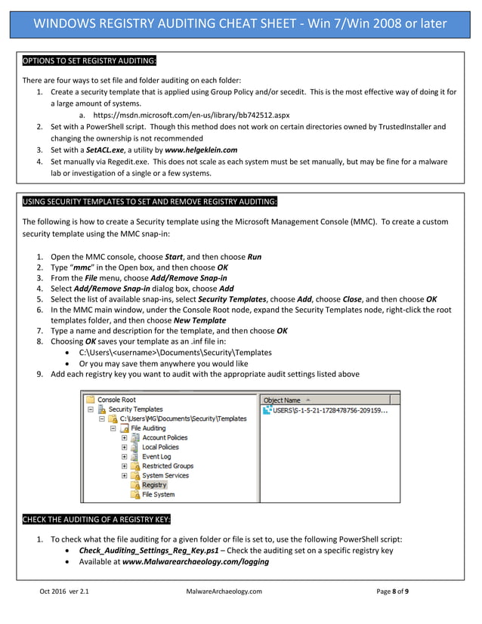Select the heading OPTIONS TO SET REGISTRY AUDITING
pyautogui.click(x=89, y=60)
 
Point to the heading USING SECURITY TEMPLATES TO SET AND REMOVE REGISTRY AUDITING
pyautogui.click(x=150, y=202)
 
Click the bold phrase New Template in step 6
pyautogui.click(x=199, y=320)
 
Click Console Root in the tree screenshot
pyautogui.click(x=116, y=399)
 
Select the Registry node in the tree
pyautogui.click(x=154, y=485)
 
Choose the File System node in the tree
pyautogui.click(x=158, y=495)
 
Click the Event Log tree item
pyautogui.click(x=156, y=456)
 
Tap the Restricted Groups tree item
pyautogui.click(x=168, y=466)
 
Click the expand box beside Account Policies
pyautogui.click(x=125, y=437)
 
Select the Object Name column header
pyautogui.click(x=282, y=400)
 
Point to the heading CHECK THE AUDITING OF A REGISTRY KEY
pyautogui.click(x=96, y=519)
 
